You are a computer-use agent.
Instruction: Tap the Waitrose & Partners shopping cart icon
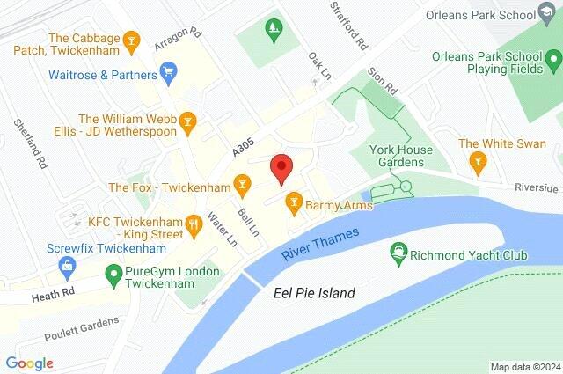tap(169, 70)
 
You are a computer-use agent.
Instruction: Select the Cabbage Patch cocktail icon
tap(131, 40)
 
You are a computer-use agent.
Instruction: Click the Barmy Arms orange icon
tap(294, 205)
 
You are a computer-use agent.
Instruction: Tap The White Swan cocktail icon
tap(478, 161)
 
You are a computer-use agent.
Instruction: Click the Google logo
tap(29, 363)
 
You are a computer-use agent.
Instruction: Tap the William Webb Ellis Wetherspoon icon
tap(187, 121)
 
